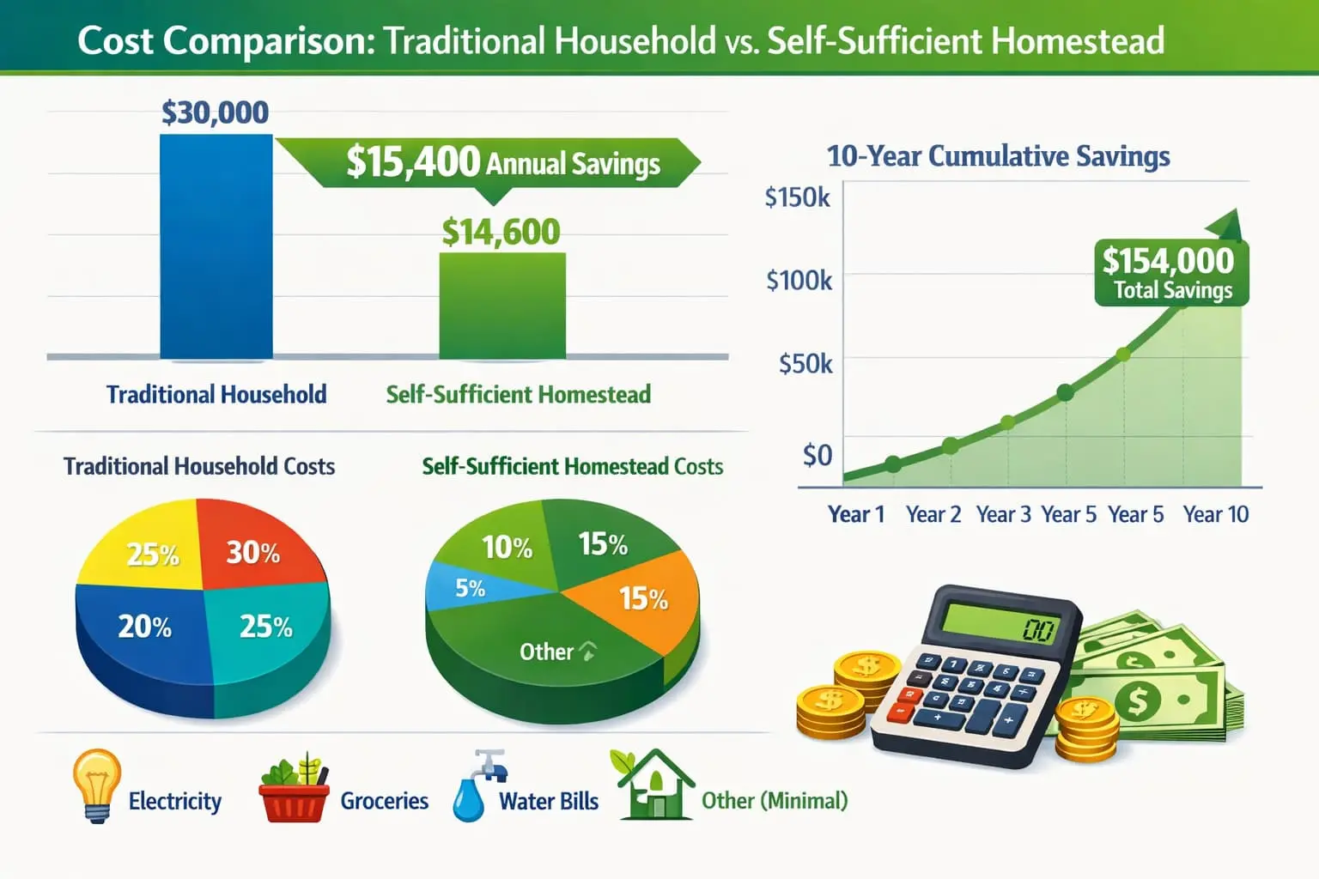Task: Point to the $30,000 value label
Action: click(215, 112)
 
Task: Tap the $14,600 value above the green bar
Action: click(501, 232)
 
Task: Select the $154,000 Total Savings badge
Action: click(1171, 273)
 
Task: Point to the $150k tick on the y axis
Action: click(797, 197)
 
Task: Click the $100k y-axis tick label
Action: click(799, 280)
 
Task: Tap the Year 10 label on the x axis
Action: click(1215, 514)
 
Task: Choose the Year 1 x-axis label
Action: click(855, 514)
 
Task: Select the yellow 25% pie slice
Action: click(146, 549)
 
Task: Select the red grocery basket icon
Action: click(294, 791)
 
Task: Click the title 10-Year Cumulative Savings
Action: click(998, 156)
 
